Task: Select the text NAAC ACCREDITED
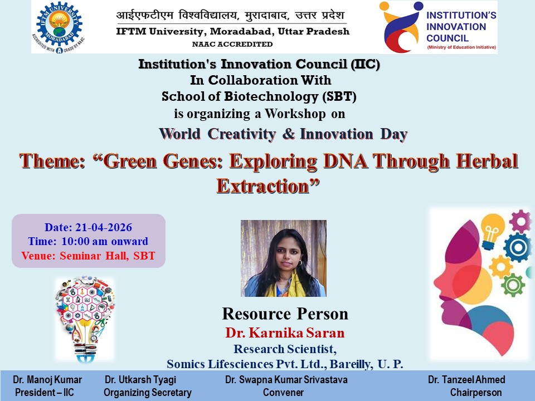click(x=232, y=44)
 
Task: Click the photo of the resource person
click(x=283, y=258)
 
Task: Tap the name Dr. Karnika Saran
click(x=285, y=334)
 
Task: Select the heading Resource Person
click(x=285, y=314)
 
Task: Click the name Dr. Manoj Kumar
click(x=47, y=380)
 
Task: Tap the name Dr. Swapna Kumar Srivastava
click(x=286, y=380)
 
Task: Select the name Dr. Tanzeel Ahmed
click(x=466, y=380)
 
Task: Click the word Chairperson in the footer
click(x=476, y=393)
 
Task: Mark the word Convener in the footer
click(x=283, y=393)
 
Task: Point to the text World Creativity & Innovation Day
click(x=283, y=134)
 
